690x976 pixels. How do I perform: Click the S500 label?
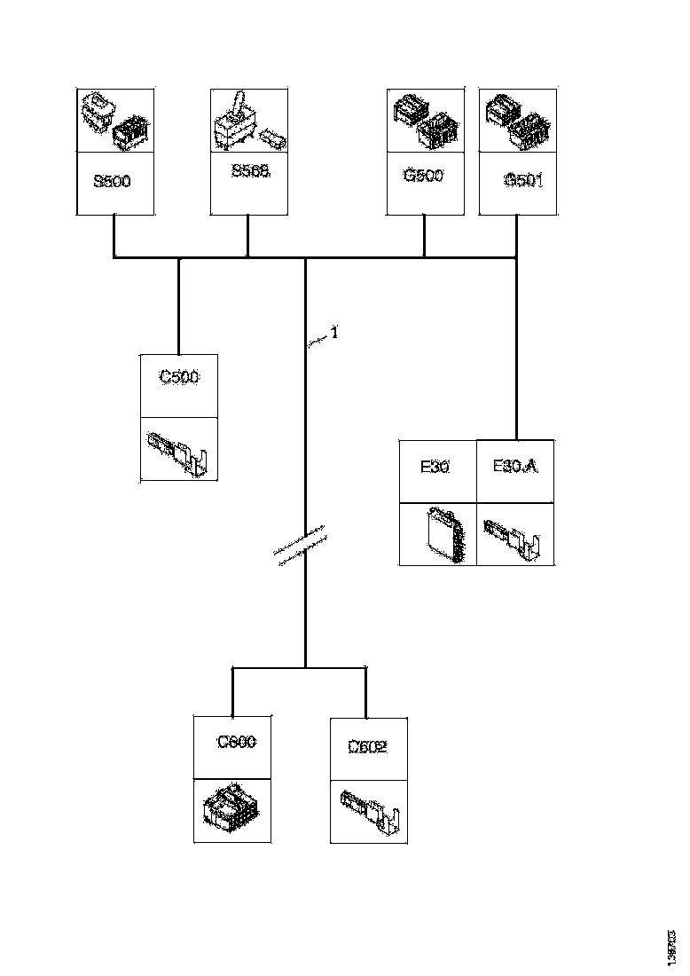click(112, 183)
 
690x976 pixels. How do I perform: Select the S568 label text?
click(249, 171)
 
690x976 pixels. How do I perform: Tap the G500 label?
click(423, 175)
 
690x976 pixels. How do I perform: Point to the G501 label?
click(523, 180)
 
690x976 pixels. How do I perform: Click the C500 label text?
click(179, 377)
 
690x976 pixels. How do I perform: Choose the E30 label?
click(434, 466)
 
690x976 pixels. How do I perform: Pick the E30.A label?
click(515, 466)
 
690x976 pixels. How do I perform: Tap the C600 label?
click(237, 742)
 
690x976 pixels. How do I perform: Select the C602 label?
click(367, 747)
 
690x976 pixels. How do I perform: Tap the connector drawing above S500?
click(114, 120)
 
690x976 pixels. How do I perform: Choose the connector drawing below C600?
click(231, 810)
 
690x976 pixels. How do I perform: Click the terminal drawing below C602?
click(371, 811)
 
